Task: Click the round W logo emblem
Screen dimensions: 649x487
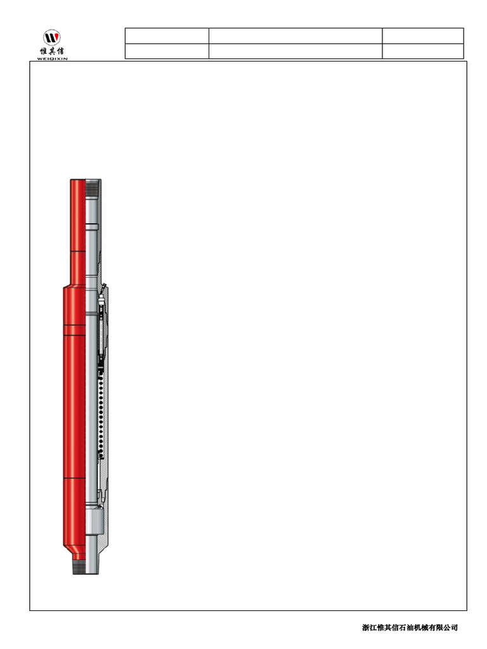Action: pyautogui.click(x=52, y=37)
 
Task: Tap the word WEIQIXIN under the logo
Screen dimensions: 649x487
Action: pyautogui.click(x=52, y=58)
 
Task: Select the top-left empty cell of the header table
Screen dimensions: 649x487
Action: pyautogui.click(x=167, y=35)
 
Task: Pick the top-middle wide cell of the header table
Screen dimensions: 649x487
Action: pyautogui.click(x=295, y=35)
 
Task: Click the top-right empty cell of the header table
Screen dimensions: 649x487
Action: pyautogui.click(x=423, y=35)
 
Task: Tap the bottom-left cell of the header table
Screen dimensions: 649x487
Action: pyautogui.click(x=167, y=51)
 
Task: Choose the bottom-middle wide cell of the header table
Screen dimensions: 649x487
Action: pyautogui.click(x=295, y=51)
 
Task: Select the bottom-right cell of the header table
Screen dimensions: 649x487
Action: pyautogui.click(x=423, y=51)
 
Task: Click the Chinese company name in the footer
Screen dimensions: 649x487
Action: pyautogui.click(x=410, y=627)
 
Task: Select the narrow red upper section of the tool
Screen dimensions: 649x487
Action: pyautogui.click(x=77, y=228)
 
